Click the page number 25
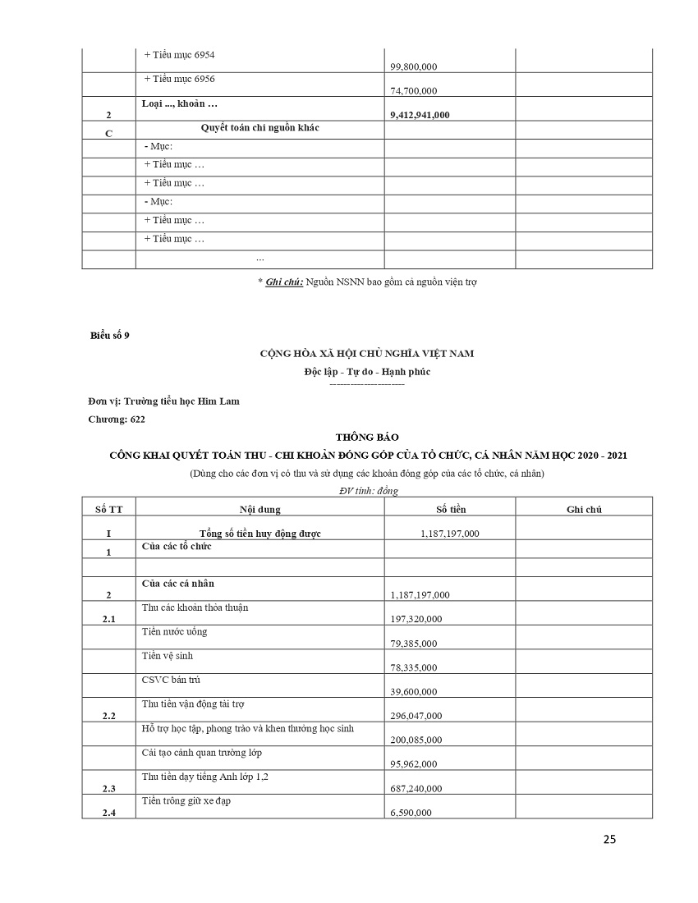[x=609, y=839]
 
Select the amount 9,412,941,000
[x=420, y=115]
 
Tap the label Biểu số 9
[x=110, y=334]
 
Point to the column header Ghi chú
[x=584, y=510]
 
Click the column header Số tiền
[x=449, y=510]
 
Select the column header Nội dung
[x=259, y=510]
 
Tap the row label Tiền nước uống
[x=174, y=631]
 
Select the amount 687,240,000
[x=416, y=789]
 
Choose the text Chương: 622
[x=117, y=419]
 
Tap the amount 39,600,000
[x=416, y=692]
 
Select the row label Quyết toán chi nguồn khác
[x=259, y=128]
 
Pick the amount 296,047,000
[x=416, y=716]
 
